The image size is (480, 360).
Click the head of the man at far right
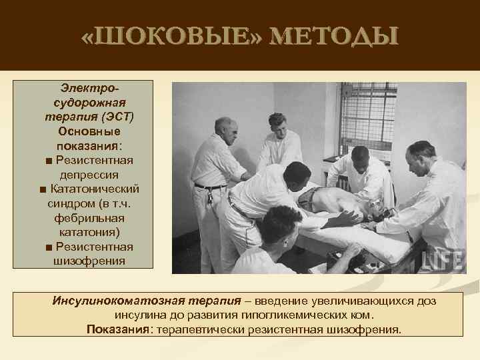click(x=422, y=157)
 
